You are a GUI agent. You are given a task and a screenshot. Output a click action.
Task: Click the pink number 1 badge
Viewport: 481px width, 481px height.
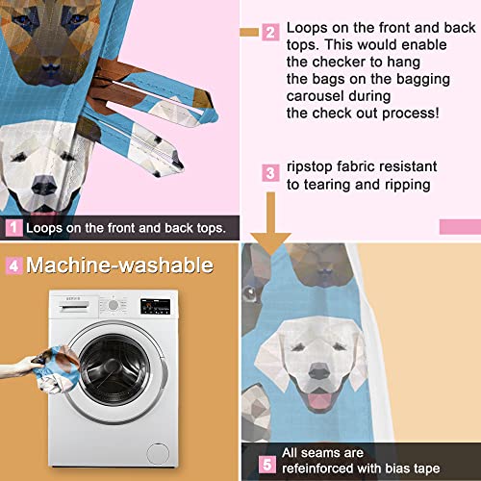pos(13,228)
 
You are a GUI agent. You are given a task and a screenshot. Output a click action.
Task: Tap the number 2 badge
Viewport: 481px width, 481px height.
pos(270,32)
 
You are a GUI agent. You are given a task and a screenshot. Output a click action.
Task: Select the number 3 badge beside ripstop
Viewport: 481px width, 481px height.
pos(271,173)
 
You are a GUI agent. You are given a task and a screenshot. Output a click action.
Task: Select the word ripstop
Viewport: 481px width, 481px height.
pos(314,166)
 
